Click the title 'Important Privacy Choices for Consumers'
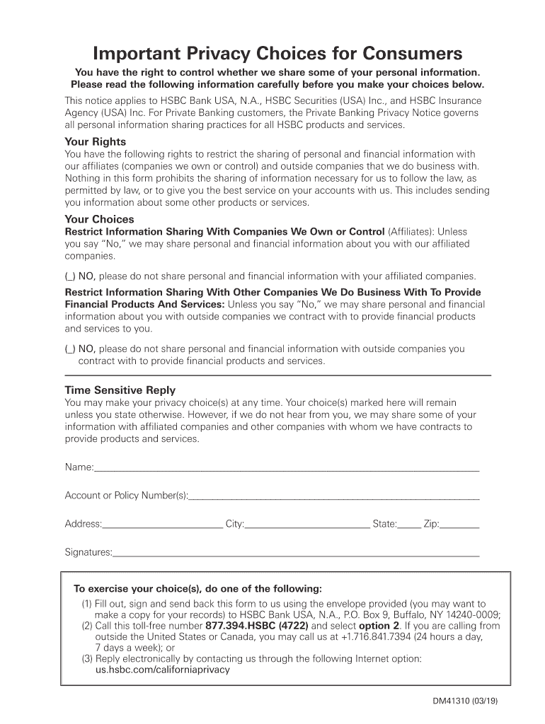pos(277,54)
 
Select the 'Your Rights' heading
pos(95,141)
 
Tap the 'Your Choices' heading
pos(99,219)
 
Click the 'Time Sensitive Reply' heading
pos(120,390)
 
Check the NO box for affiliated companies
pos(70,276)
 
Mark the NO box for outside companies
pos(70,349)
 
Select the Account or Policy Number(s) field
pos(334,495)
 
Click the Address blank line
pos(162,524)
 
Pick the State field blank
pos(409,524)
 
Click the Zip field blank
pos(459,524)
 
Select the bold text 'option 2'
pos(379,626)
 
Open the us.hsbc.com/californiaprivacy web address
pos(162,670)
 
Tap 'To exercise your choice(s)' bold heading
pos(197,589)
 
